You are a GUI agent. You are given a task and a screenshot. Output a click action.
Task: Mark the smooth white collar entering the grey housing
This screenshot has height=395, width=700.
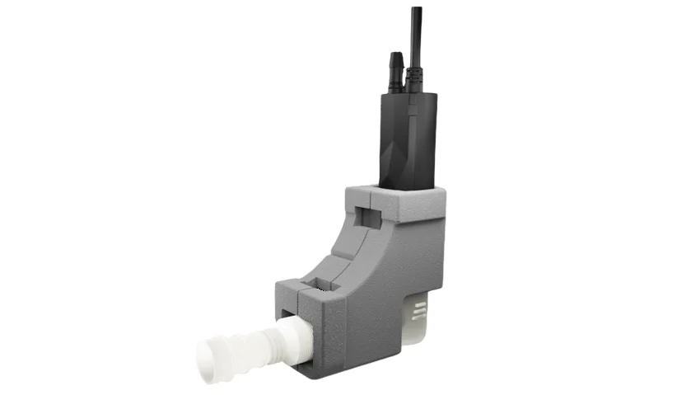click(292, 338)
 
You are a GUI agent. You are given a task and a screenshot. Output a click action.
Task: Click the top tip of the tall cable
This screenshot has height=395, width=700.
click(417, 9)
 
